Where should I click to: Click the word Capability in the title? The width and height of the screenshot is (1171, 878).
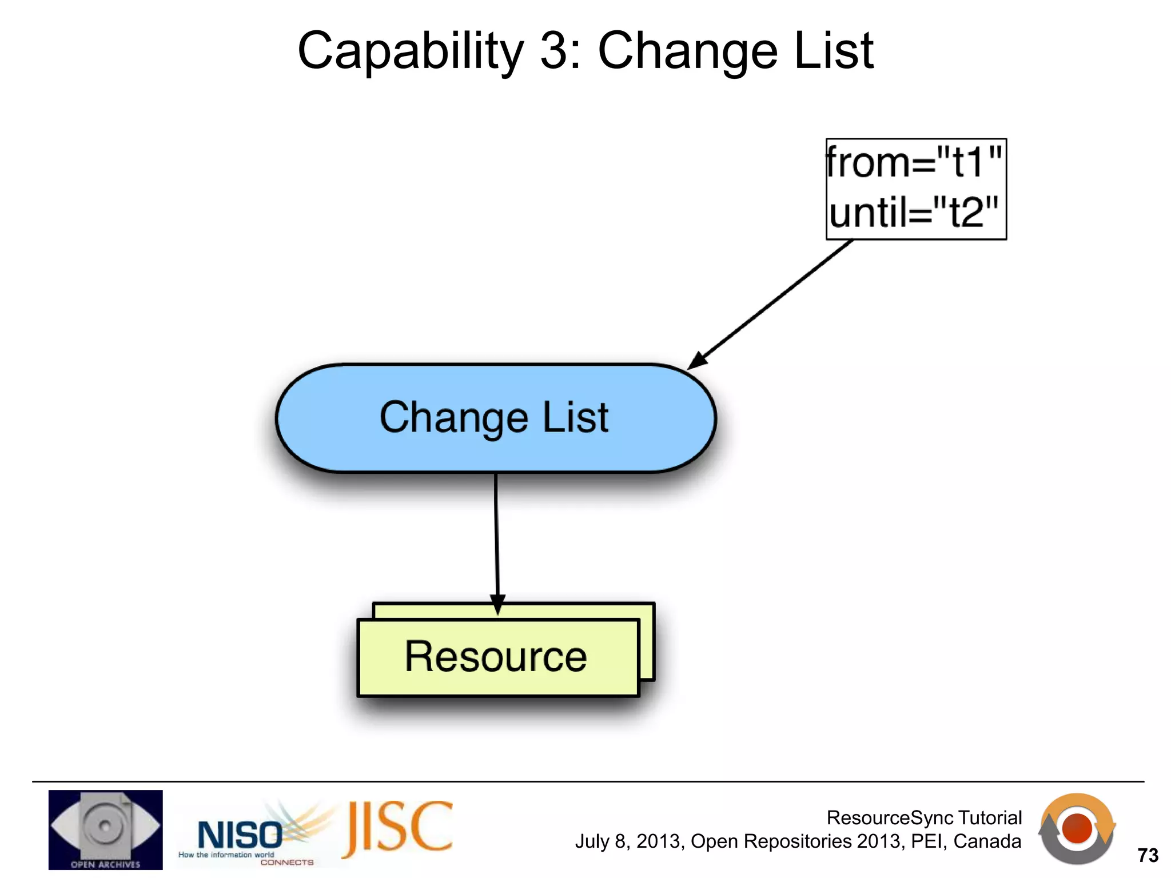click(x=411, y=51)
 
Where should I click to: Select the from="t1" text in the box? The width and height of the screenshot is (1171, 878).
click(x=915, y=163)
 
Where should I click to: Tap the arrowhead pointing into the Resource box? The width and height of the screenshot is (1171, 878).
click(x=497, y=605)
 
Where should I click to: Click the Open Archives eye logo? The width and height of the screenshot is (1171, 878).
click(x=105, y=829)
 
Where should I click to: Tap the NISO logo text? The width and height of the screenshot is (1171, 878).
click(x=239, y=835)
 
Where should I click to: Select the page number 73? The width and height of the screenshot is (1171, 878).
click(x=1148, y=855)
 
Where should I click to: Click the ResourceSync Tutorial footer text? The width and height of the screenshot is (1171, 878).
click(x=924, y=818)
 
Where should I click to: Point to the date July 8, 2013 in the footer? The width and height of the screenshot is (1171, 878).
click(x=629, y=842)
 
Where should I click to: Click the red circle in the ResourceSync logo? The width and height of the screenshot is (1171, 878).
click(x=1077, y=829)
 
